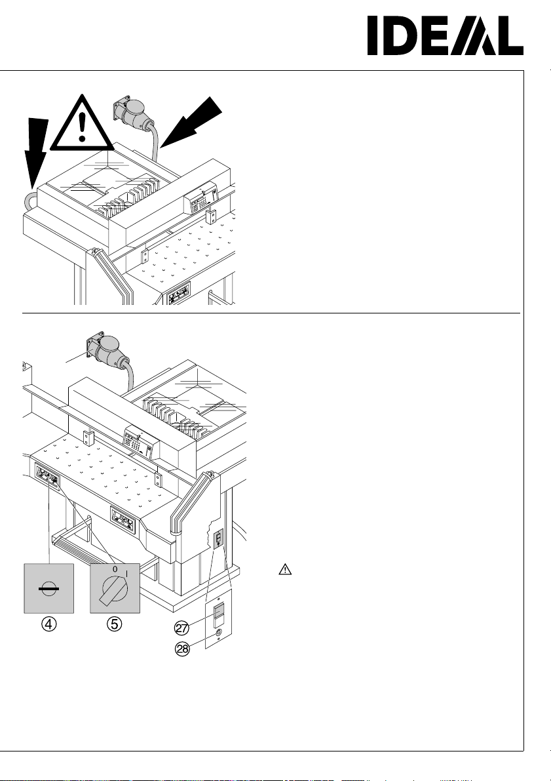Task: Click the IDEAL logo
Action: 445,35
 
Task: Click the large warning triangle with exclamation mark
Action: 83,123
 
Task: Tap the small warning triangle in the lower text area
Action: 285,569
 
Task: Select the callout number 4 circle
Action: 48,624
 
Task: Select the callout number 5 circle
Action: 115,624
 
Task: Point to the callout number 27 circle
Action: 181,628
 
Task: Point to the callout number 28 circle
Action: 183,649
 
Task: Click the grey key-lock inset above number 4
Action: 48,588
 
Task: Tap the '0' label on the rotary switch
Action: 115,569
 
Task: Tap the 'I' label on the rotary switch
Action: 126,574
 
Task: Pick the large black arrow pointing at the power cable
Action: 191,122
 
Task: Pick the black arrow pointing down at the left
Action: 36,152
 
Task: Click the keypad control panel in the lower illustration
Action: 142,440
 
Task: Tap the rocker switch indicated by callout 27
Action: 218,615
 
